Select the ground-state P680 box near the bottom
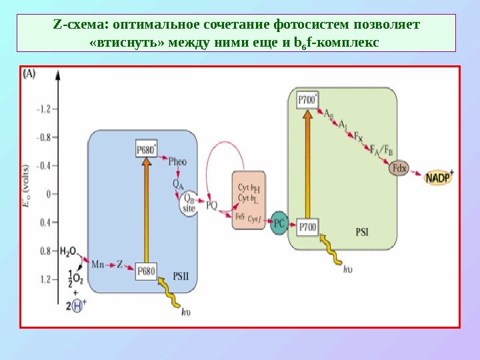tap(146, 270)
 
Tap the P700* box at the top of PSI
tap(308, 99)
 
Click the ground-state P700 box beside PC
tap(308, 227)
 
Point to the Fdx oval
tap(399, 168)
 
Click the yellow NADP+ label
tap(439, 177)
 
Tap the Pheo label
tap(177, 161)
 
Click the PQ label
tap(211, 206)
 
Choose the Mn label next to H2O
tap(98, 264)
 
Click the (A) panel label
tap(30, 75)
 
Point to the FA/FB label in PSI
tap(381, 150)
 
